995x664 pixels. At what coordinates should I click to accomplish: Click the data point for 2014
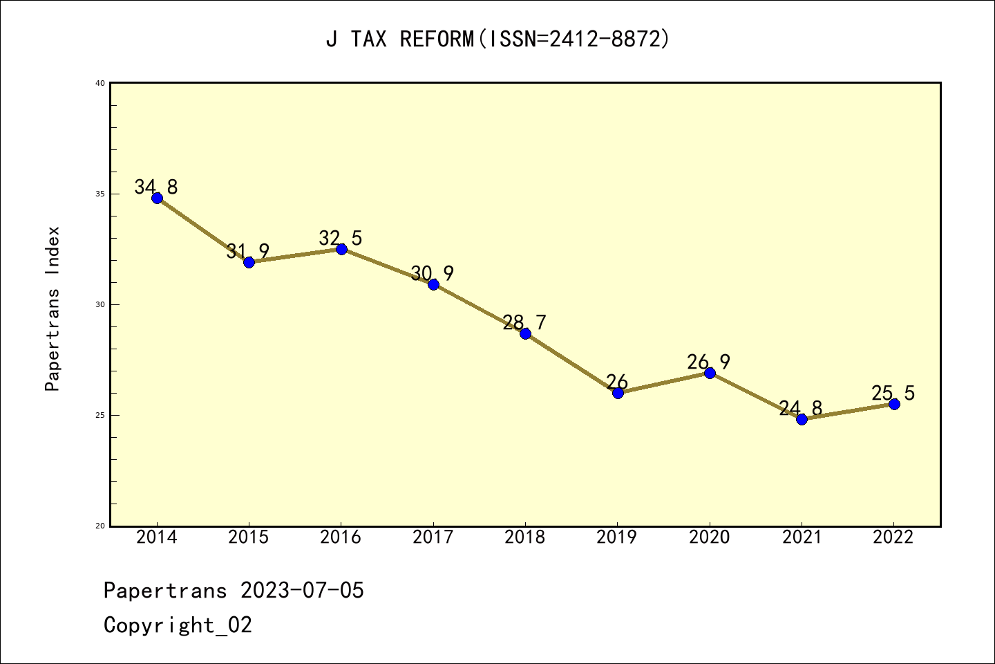pyautogui.click(x=157, y=198)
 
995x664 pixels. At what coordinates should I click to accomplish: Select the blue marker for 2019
pyautogui.click(x=618, y=393)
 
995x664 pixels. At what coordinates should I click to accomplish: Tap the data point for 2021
pyautogui.click(x=802, y=419)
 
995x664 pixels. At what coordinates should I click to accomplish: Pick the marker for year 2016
pyautogui.click(x=341, y=249)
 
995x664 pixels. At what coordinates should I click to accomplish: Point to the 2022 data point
pyautogui.click(x=894, y=404)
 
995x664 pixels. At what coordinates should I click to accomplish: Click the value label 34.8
pyautogui.click(x=156, y=187)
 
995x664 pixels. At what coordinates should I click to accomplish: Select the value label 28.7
pyautogui.click(x=524, y=322)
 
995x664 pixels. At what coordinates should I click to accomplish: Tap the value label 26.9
pyautogui.click(x=709, y=362)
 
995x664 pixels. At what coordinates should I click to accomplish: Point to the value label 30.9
pyautogui.click(x=433, y=274)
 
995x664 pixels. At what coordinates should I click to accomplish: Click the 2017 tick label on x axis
pyautogui.click(x=433, y=537)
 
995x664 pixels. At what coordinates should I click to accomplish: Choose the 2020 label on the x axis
pyautogui.click(x=710, y=537)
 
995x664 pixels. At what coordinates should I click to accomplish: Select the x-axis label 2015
pyautogui.click(x=249, y=537)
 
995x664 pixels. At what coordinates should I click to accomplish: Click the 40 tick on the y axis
pyautogui.click(x=100, y=83)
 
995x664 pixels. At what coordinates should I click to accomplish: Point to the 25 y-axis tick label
pyautogui.click(x=100, y=415)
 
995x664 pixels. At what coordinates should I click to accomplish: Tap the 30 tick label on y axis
pyautogui.click(x=100, y=304)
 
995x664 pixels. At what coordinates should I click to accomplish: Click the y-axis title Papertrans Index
pyautogui.click(x=53, y=308)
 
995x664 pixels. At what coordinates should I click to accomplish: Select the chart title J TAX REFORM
pyautogui.click(x=497, y=39)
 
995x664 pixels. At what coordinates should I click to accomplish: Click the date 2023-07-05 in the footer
pyautogui.click(x=302, y=591)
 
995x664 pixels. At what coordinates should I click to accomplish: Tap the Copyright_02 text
pyautogui.click(x=178, y=625)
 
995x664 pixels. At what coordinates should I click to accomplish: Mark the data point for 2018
pyautogui.click(x=525, y=333)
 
